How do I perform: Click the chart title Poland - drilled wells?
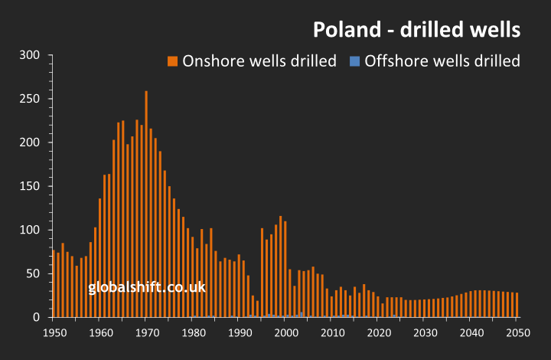click(416, 30)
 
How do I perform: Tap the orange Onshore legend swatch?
click(173, 61)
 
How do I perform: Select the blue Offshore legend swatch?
click(354, 61)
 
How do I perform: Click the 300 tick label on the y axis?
click(30, 55)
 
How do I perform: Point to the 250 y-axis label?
click(30, 99)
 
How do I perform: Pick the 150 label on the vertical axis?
click(30, 186)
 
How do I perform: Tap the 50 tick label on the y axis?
click(33, 273)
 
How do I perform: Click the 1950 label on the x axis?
click(54, 332)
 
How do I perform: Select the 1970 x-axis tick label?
click(146, 332)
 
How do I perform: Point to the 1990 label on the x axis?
click(239, 332)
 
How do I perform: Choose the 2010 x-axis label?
click(331, 332)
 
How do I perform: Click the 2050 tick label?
click(517, 332)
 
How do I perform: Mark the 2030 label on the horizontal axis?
click(424, 332)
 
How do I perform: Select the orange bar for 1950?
click(54, 283)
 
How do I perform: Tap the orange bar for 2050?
click(517, 305)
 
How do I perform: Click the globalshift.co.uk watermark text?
click(147, 288)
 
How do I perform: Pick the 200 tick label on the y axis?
click(30, 142)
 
